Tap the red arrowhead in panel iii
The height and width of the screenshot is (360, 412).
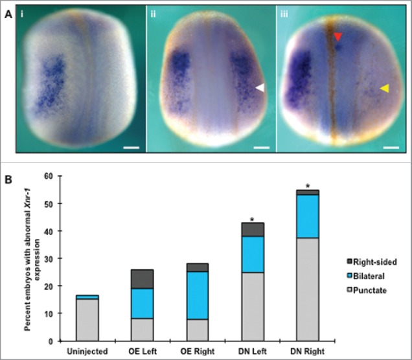(x=338, y=38)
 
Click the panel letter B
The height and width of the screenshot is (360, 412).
(x=8, y=174)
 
